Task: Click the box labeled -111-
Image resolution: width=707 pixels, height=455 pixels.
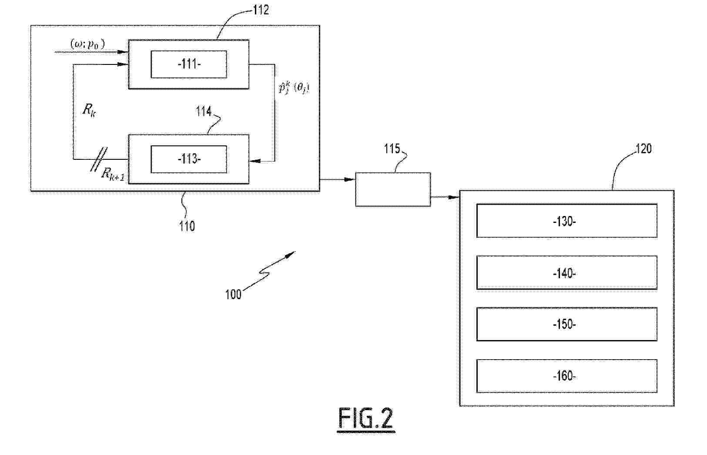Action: click(188, 64)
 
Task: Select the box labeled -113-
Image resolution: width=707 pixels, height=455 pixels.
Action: click(188, 159)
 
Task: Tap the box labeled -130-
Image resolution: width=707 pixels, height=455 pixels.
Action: click(566, 221)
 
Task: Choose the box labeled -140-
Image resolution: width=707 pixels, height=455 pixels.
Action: click(566, 273)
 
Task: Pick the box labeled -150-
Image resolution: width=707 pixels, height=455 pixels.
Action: click(566, 324)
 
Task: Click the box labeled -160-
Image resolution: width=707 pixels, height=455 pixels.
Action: click(566, 376)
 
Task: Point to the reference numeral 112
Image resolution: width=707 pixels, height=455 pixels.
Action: click(261, 10)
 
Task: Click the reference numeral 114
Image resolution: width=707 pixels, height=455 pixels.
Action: click(203, 111)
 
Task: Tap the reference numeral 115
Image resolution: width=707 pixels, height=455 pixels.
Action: click(392, 149)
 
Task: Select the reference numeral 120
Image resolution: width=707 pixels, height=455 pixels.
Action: click(643, 149)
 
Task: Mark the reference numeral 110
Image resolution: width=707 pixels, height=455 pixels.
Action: click(187, 226)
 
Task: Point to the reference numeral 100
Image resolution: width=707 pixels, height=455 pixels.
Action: click(233, 294)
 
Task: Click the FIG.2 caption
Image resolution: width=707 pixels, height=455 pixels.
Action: click(365, 419)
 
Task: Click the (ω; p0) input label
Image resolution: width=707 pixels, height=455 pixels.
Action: click(87, 44)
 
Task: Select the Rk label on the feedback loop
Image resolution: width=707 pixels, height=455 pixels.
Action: click(89, 110)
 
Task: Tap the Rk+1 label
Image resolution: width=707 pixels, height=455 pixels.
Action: click(112, 174)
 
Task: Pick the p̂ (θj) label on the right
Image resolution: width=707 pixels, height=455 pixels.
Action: click(294, 88)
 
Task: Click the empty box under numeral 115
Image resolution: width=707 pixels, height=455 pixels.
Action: click(392, 189)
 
